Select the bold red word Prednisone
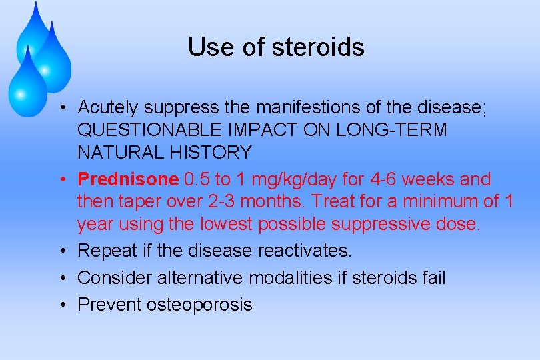click(128, 179)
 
